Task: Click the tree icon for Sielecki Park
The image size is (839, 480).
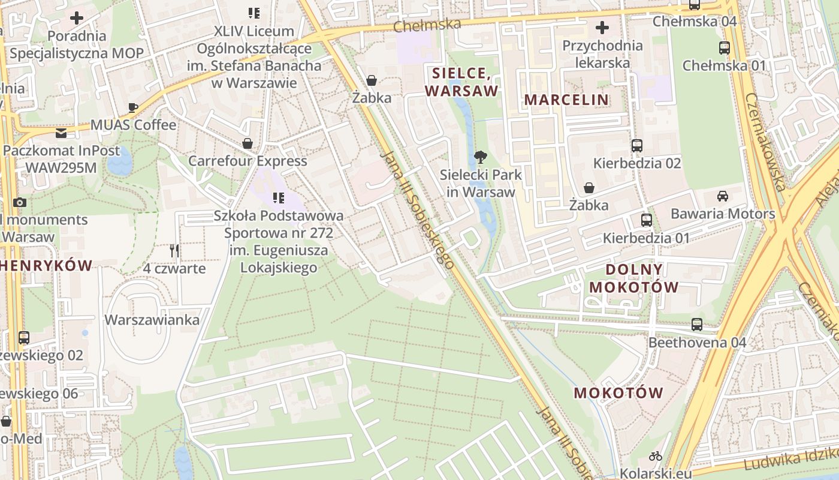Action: coord(480,158)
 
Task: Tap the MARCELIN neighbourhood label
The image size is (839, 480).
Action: coord(566,100)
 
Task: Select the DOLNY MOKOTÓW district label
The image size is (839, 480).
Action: coord(634,278)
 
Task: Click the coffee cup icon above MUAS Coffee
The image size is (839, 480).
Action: coord(133,107)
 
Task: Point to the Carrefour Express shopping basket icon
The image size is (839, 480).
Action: coord(248,143)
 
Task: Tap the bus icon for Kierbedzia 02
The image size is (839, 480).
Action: coord(636,145)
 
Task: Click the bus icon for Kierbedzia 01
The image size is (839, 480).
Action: coord(646,220)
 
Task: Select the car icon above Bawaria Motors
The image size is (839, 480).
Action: coord(723,196)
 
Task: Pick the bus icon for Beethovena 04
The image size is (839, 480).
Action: coord(697,325)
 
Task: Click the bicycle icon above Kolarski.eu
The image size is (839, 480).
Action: coord(656,456)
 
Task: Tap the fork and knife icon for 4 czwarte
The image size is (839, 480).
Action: coord(174,250)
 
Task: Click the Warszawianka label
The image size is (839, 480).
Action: coord(152,320)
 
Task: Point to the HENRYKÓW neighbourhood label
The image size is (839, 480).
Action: coord(47,265)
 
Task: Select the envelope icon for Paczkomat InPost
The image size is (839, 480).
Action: coord(61,133)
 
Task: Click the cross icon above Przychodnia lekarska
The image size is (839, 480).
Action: coord(602,28)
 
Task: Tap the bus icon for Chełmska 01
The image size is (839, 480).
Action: coord(724,48)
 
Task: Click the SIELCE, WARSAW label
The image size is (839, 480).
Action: coord(461,82)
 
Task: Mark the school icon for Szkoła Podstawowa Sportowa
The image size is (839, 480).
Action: coord(278,197)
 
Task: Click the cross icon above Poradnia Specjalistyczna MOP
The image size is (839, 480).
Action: coord(77,17)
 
